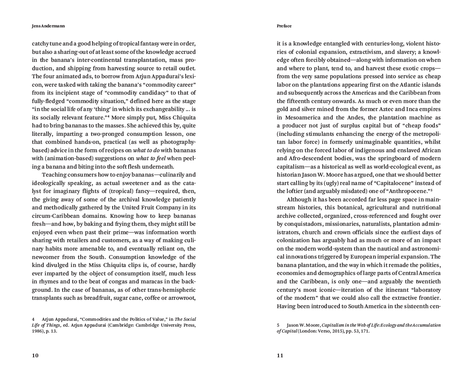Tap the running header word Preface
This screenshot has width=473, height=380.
(284, 26)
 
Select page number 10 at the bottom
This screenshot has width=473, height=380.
(35, 356)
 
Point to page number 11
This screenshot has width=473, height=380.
(280, 356)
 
